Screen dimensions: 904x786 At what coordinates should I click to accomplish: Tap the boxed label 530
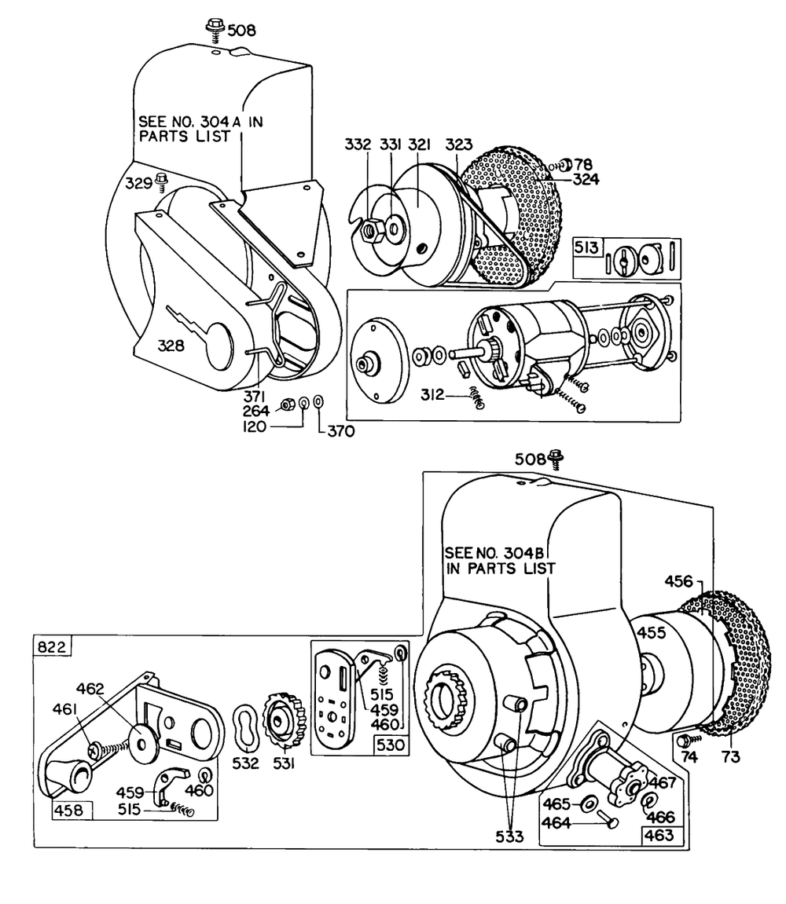pos(391,745)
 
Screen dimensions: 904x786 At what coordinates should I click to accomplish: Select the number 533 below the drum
pos(509,836)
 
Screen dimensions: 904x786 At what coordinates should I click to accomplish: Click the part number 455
pos(652,633)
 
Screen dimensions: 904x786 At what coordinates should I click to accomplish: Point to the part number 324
pos(586,178)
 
